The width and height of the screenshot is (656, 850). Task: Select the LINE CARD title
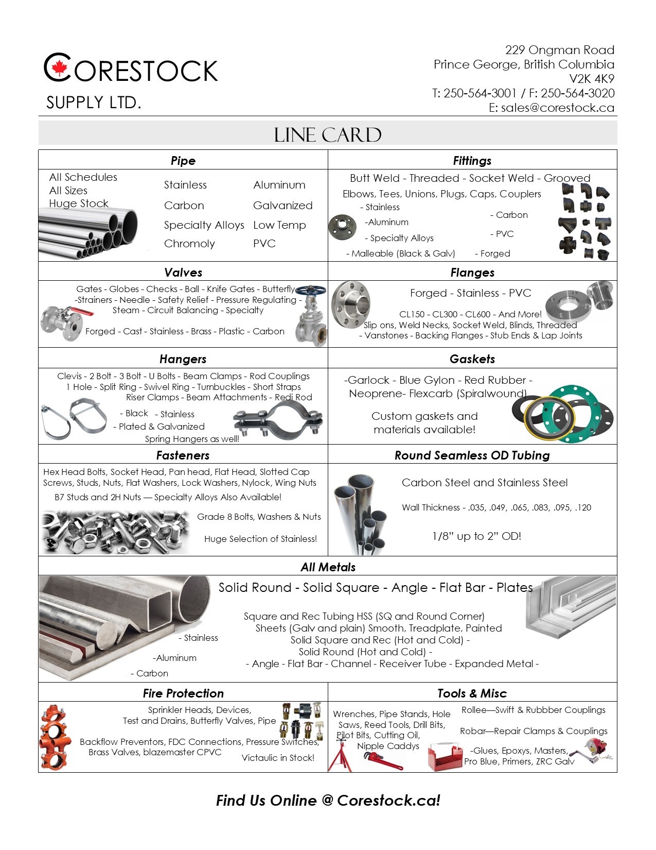(x=328, y=135)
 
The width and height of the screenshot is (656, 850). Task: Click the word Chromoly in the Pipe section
(x=189, y=244)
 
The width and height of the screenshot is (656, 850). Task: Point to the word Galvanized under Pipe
(x=282, y=206)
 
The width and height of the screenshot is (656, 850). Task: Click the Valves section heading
(x=183, y=273)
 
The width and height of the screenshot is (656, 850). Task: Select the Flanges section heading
(x=472, y=273)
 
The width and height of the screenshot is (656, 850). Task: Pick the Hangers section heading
(x=183, y=359)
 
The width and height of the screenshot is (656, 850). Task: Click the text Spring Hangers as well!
(x=192, y=439)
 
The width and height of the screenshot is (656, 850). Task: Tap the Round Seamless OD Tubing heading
(x=472, y=455)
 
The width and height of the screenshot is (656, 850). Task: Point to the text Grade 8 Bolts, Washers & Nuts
(x=259, y=517)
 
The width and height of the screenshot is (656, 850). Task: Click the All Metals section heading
(x=328, y=567)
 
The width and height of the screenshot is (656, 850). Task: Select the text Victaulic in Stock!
(x=278, y=758)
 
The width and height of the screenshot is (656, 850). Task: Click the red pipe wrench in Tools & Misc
(x=383, y=761)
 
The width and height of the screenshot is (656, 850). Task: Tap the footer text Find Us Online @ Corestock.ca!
(x=328, y=801)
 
